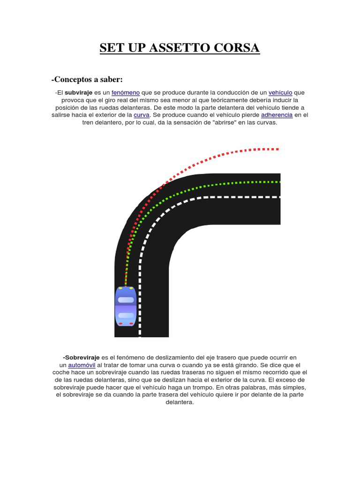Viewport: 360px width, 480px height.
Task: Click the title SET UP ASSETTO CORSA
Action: pos(180,48)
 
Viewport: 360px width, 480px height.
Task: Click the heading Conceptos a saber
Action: pos(87,79)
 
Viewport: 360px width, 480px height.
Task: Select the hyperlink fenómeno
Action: pos(126,93)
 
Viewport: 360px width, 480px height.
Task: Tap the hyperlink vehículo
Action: pos(280,93)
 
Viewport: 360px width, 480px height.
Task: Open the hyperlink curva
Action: pos(141,115)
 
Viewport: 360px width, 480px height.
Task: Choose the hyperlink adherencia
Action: pos(277,115)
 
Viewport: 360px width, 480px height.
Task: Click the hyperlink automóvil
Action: pos(82,365)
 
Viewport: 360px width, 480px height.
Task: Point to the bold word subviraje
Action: pos(79,93)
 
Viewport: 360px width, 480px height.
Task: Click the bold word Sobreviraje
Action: pos(81,358)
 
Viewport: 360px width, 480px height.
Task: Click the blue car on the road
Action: pos(126,306)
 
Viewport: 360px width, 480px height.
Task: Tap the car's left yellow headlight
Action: pos(120,288)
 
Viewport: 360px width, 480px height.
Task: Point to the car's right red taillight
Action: pos(131,324)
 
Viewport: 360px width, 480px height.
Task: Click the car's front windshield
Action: pos(126,300)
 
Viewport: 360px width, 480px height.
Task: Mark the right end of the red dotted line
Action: pos(278,149)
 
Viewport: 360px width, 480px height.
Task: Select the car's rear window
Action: pos(126,315)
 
